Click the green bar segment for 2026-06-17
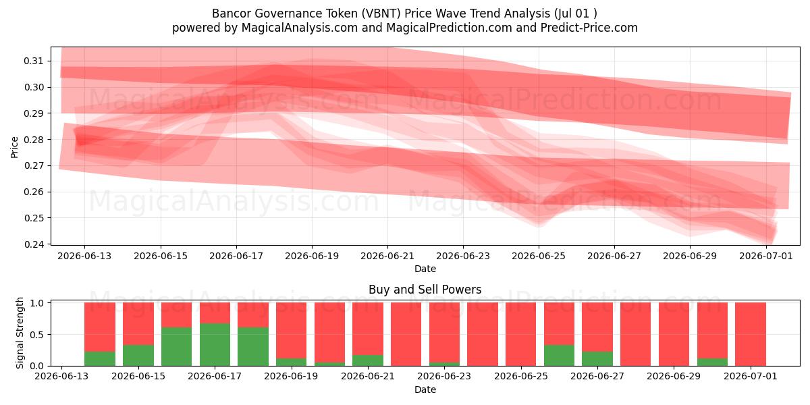215,344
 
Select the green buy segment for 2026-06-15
138,355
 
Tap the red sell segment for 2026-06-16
176,315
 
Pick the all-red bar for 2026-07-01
751,334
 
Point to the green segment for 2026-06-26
559,355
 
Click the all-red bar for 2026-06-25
520,334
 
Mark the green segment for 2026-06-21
368,360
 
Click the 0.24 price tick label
33,244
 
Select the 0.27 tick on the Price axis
33,165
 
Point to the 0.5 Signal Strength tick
37,335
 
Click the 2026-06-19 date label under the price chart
312,256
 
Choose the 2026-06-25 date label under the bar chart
520,376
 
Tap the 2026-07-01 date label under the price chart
766,256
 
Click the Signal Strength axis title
20,333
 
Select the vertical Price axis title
14,147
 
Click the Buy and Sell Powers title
425,290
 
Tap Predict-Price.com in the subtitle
589,28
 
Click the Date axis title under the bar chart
425,389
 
